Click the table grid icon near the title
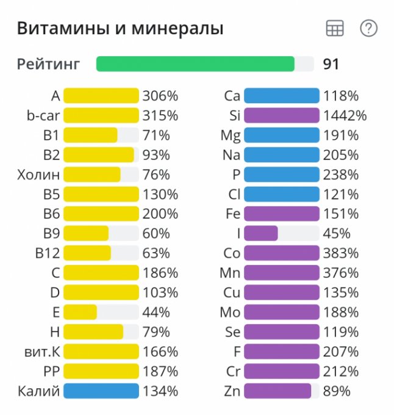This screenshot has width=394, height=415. pos(335,28)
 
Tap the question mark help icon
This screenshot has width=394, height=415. pos(368,28)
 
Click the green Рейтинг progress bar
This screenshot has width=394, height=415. pos(195,64)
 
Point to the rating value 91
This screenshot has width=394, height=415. pos(331,64)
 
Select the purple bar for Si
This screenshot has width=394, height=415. pos(281,115)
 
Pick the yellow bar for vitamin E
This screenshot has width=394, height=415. pos(81,312)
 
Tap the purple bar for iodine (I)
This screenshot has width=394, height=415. pos(261,233)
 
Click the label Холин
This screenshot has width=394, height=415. pos(38,175)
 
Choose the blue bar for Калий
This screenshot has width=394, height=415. pos(101,391)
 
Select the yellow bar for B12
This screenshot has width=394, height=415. pos(87,253)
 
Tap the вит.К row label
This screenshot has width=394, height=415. pos(38,352)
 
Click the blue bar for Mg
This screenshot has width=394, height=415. pos(281,135)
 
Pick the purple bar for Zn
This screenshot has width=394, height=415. pos(278,391)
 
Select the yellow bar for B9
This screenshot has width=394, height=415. pos(86,233)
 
